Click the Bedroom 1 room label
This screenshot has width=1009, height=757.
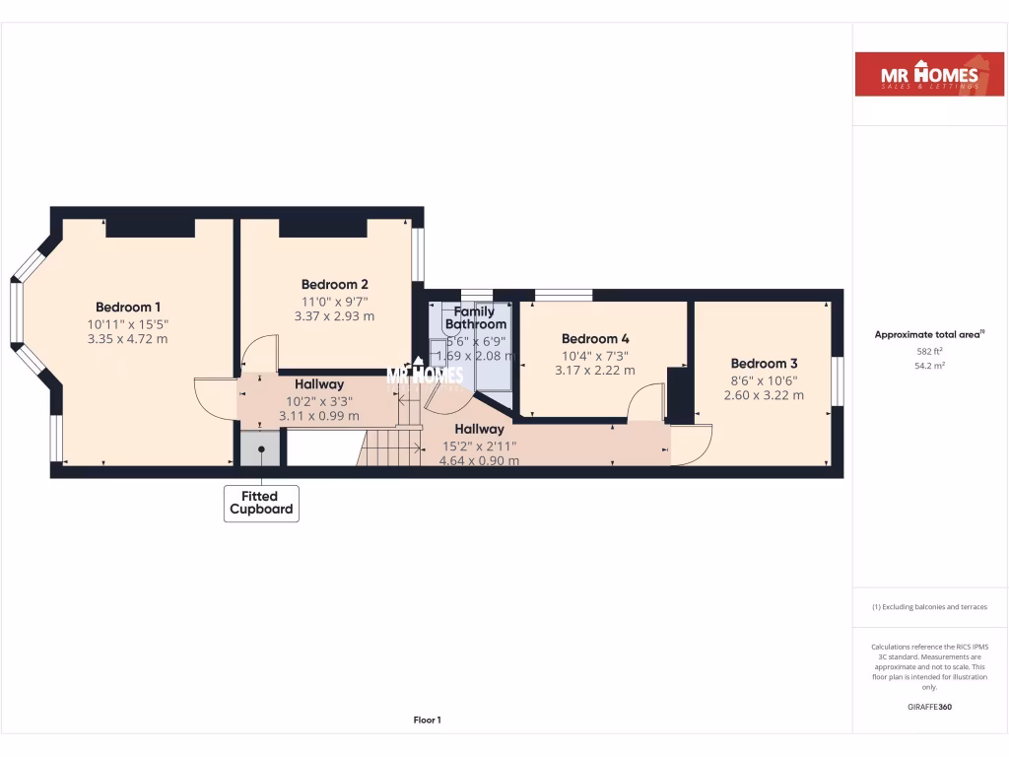tap(128, 307)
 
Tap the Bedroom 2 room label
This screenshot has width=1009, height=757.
tap(334, 284)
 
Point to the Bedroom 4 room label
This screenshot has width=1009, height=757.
tap(594, 338)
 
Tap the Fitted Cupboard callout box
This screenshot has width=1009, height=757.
tap(261, 503)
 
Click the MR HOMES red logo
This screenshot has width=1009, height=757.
tap(928, 75)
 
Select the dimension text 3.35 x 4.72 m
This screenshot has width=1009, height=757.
tap(128, 339)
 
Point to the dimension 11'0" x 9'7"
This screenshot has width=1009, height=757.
tap(334, 301)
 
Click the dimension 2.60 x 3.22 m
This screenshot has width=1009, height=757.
tap(764, 395)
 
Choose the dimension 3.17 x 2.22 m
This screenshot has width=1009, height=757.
tap(594, 371)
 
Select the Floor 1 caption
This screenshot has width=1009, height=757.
tap(427, 721)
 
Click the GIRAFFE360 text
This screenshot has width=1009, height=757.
tap(929, 707)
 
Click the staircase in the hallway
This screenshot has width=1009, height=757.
tap(391, 447)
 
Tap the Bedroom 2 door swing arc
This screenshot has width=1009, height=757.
tap(261, 353)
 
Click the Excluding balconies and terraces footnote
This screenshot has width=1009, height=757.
tap(929, 607)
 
